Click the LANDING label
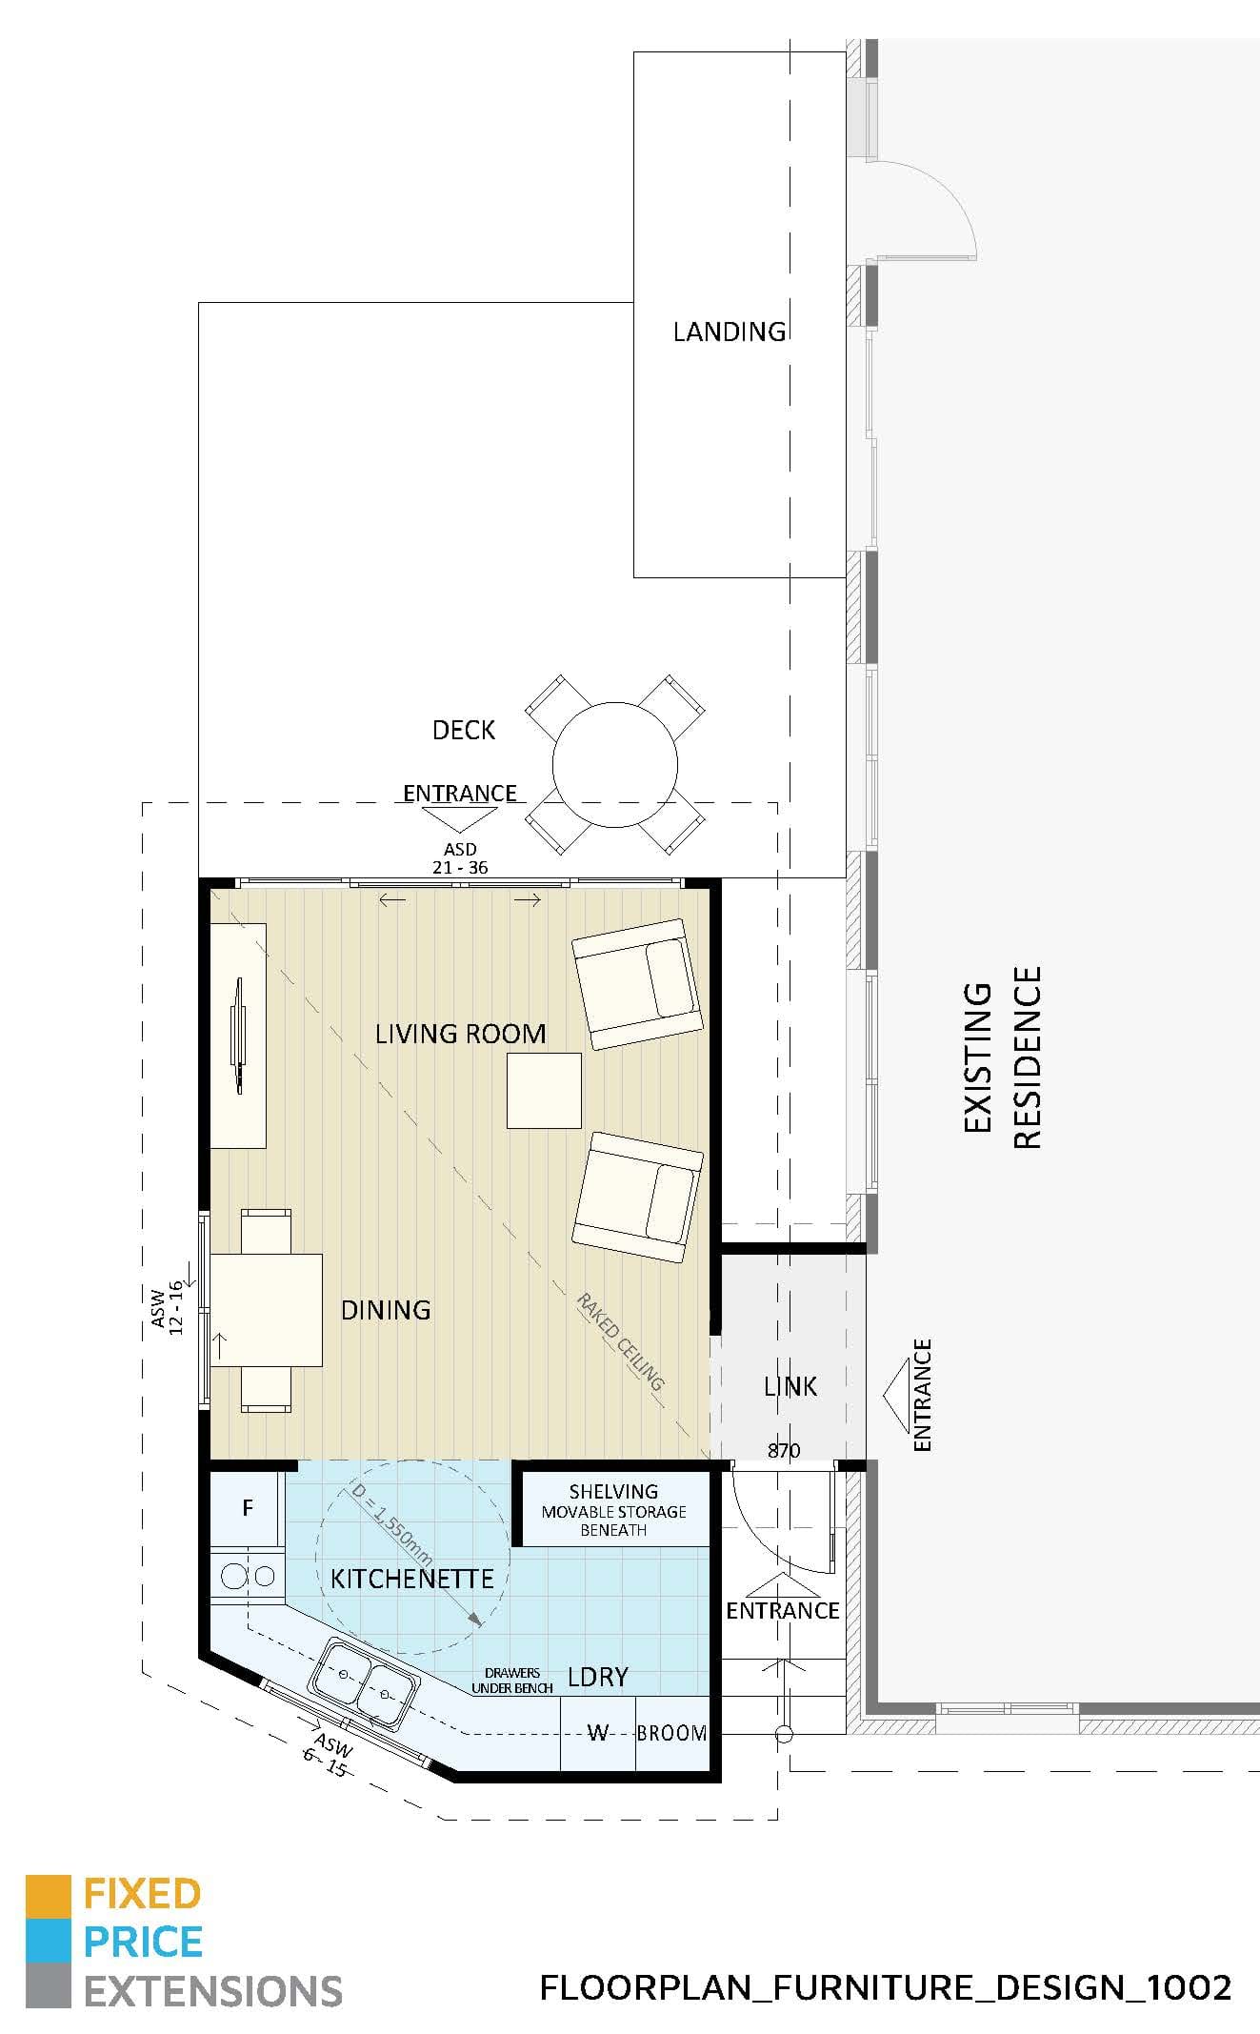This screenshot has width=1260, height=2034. [729, 332]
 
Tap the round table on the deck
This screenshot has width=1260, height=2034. [615, 765]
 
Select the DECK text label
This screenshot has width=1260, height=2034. [464, 730]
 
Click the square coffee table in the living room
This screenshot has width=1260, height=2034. [544, 1091]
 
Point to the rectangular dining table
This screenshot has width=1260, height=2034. [266, 1310]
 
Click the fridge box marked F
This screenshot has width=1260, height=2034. [247, 1507]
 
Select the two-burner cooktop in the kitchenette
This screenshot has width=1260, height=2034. [248, 1576]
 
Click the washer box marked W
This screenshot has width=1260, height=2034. [597, 1733]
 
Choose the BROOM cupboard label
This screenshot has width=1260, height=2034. [671, 1733]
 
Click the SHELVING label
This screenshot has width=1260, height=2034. [613, 1492]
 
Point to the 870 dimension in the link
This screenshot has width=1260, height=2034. [784, 1450]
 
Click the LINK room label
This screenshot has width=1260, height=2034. [790, 1386]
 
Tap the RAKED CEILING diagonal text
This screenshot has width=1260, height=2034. [619, 1340]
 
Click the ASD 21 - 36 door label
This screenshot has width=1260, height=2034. [460, 857]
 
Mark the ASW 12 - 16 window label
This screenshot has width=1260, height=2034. [168, 1307]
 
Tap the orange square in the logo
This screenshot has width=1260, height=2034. [48, 1895]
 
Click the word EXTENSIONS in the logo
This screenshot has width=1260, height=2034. [213, 1991]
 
